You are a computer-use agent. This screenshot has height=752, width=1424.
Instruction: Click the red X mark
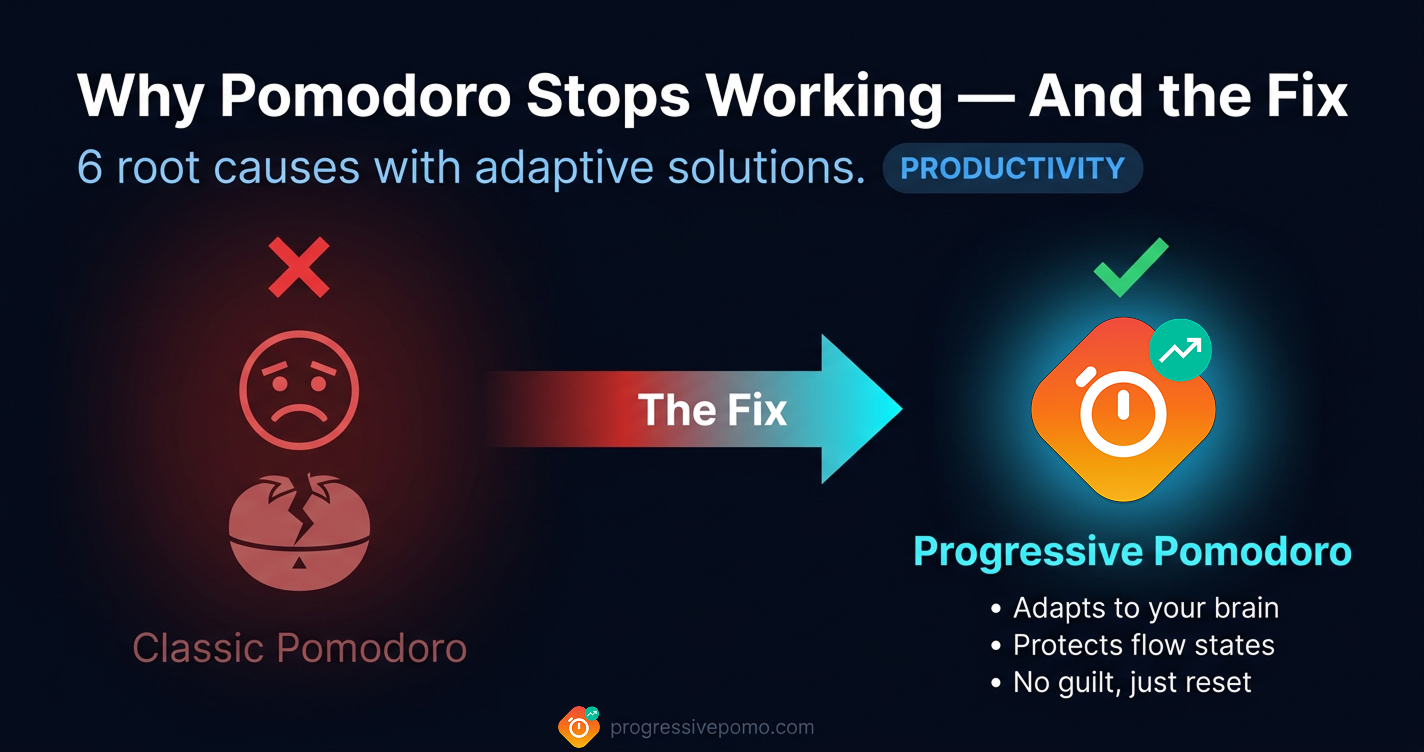299,267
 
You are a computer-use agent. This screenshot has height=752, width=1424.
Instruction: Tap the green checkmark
1130,267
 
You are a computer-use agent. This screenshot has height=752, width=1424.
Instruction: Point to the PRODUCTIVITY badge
1012,169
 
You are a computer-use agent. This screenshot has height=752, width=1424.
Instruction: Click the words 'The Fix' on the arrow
712,411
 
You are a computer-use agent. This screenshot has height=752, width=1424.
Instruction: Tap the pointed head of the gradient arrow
860,409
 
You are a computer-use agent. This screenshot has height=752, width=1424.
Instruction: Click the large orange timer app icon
1122,410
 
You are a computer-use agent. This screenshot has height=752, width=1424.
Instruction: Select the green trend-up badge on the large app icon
1180,350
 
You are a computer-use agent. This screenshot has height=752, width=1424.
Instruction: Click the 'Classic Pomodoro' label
299,648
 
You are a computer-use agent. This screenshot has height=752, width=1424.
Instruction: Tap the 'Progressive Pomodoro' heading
1132,551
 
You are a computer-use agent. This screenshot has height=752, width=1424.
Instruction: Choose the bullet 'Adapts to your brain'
1145,608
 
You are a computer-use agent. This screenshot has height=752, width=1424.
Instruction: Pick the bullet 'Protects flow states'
1143,645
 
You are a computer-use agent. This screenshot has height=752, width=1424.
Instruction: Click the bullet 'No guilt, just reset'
1132,683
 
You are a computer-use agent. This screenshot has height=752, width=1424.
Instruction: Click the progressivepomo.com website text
712,727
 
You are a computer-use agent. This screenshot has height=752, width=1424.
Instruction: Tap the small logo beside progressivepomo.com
578,726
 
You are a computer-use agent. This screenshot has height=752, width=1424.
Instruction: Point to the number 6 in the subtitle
90,169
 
